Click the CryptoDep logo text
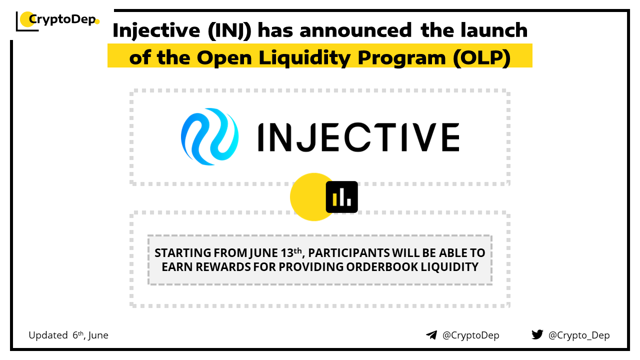tap(62, 19)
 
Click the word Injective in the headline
tap(156, 31)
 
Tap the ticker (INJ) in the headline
tap(229, 30)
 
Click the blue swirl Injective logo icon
tap(209, 136)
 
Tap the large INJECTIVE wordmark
tap(359, 137)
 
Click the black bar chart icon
tap(341, 197)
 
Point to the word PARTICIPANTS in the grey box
tap(348, 253)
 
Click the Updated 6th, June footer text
tap(68, 335)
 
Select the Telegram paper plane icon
tap(431, 335)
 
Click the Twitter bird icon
tap(537, 334)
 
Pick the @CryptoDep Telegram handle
tap(470, 335)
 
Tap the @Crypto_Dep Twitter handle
tap(579, 335)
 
